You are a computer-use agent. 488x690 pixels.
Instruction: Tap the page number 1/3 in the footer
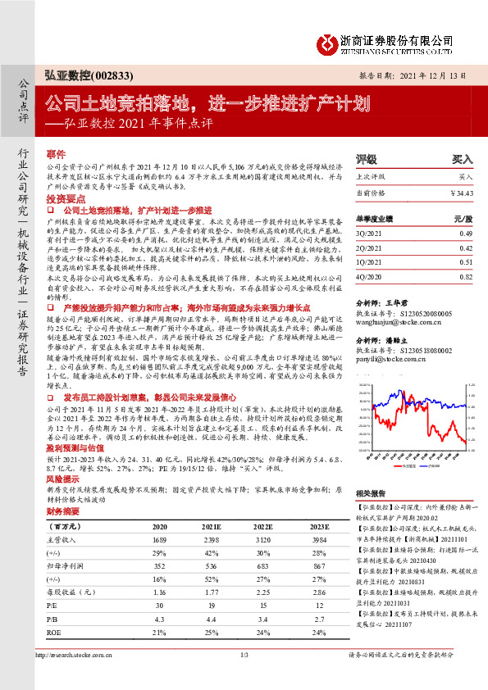point(244,677)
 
